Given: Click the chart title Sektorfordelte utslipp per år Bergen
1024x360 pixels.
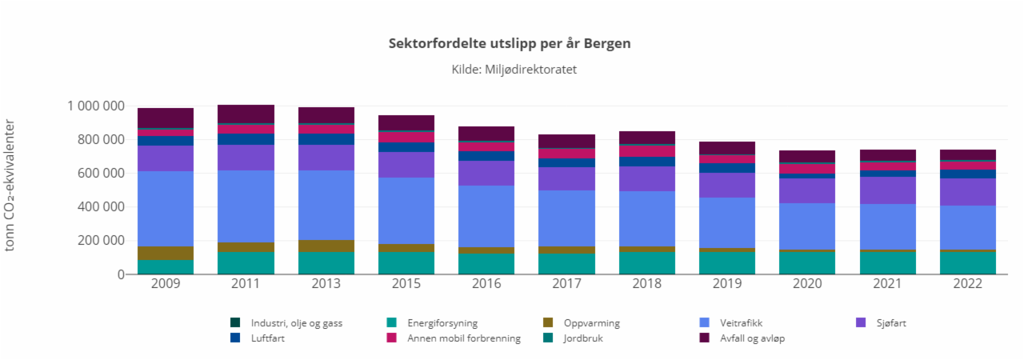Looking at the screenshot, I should [510, 43].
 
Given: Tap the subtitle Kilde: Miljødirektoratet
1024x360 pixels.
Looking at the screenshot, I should [514, 70].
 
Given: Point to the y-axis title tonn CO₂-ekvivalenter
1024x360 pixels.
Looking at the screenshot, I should [10, 185].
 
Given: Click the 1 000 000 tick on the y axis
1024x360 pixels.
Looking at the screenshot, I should [95, 106].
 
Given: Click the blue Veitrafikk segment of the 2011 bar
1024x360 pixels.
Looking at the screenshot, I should [246, 206].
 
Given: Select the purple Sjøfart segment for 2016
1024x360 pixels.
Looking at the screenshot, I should [486, 173].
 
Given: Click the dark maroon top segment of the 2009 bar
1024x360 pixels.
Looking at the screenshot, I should [166, 118].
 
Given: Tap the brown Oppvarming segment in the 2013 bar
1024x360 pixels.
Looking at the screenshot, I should [326, 246].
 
